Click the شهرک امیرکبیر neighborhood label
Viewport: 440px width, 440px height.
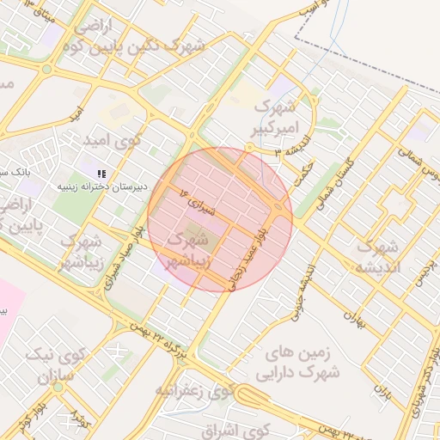tap(277, 118)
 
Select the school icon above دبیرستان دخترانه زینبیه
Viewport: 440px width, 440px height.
tap(102, 174)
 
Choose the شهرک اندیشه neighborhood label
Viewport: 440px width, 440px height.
tap(376, 256)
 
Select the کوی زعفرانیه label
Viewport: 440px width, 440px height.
tap(194, 391)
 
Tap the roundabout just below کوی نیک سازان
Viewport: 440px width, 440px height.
tap(58, 388)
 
